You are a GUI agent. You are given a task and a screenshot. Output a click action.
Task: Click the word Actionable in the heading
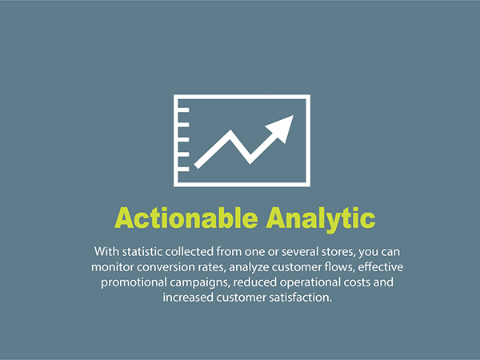pyautogui.click(x=186, y=218)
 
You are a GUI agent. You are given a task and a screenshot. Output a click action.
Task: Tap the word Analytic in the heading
pyautogui.click(x=321, y=220)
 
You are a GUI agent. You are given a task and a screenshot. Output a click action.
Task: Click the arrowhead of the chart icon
pyautogui.click(x=282, y=128)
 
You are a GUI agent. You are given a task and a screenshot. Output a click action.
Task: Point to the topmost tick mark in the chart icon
pyautogui.click(x=184, y=110)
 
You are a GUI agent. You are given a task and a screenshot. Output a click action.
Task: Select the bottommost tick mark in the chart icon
pyautogui.click(x=184, y=170)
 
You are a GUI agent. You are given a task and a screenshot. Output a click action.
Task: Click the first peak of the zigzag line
pyautogui.click(x=230, y=130)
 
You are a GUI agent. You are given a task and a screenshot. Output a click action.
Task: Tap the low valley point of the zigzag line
pyautogui.click(x=250, y=163)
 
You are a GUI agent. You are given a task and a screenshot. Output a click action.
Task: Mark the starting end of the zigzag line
pyautogui.click(x=198, y=166)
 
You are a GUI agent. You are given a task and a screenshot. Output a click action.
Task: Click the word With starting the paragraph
pyautogui.click(x=106, y=252)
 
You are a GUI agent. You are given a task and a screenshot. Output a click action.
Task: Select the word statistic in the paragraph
pyautogui.click(x=142, y=252)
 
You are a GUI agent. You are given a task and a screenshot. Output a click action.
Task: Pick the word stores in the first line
pyautogui.click(x=339, y=252)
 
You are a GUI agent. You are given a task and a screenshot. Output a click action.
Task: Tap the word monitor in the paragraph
pyautogui.click(x=112, y=267)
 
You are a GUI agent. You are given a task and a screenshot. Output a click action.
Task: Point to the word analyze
pyautogui.click(x=249, y=268)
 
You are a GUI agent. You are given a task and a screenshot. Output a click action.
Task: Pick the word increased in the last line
pyautogui.click(x=188, y=298)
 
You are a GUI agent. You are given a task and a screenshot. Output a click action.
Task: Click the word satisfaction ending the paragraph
pyautogui.click(x=300, y=298)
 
